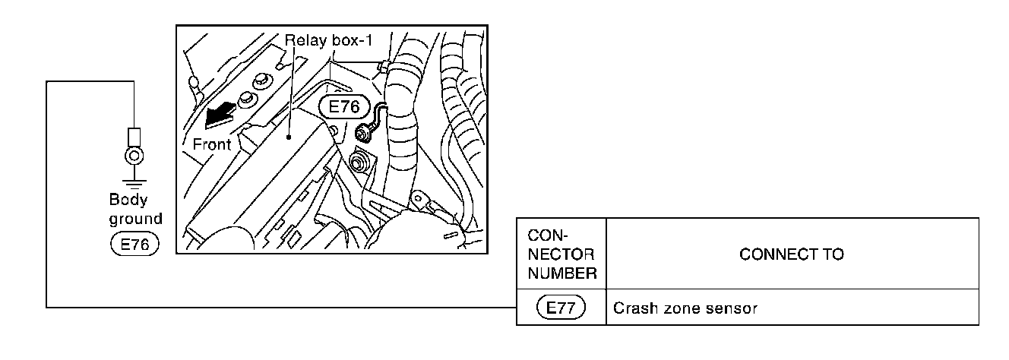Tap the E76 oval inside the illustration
(x=340, y=108)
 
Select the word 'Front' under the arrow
(x=211, y=144)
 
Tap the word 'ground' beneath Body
(x=135, y=219)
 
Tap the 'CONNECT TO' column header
(x=791, y=254)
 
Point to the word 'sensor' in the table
(x=735, y=308)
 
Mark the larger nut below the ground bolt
(x=357, y=162)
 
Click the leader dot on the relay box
(x=289, y=137)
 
